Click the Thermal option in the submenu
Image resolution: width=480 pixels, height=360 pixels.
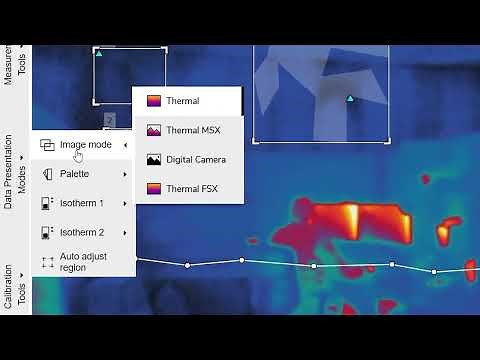pos(182,101)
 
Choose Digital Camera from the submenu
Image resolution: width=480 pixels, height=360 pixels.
pos(195,160)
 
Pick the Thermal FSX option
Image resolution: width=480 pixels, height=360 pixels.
pos(190,189)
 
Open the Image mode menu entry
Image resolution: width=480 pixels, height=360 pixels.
pos(85,145)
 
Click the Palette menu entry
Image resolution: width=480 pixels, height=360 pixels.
pos(74,174)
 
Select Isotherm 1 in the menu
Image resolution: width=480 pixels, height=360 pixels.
pos(81,203)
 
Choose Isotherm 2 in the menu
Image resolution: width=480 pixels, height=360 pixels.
pos(81,232)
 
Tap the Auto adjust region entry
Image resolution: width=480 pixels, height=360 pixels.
pos(82,262)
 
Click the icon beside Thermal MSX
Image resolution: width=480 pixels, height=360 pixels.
pos(154,130)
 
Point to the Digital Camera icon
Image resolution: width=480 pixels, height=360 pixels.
pos(154,160)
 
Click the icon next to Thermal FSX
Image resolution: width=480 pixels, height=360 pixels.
pos(154,189)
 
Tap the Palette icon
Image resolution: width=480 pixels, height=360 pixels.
pos(47,174)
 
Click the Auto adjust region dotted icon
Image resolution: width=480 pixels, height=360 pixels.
pos(47,262)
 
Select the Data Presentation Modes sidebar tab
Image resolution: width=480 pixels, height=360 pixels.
pos(15,171)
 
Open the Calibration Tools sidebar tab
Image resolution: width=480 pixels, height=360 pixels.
pos(15,285)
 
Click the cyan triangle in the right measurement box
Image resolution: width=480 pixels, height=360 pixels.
pos(349,98)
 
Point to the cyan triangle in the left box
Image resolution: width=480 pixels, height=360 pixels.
pos(99,53)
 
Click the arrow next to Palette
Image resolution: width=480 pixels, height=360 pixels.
pos(125,174)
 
